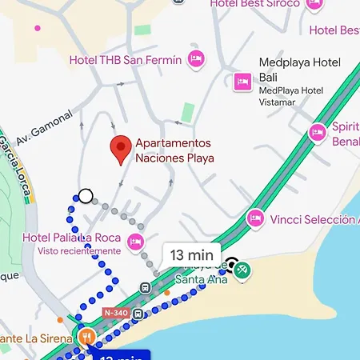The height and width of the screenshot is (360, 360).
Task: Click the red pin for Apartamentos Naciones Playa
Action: (120, 149)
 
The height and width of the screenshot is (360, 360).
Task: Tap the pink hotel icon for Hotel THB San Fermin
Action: (195, 58)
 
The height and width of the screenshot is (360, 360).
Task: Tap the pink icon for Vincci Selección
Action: (255, 217)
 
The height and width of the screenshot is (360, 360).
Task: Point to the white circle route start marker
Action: (85, 195)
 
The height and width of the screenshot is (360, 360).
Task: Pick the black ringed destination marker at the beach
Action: (232, 263)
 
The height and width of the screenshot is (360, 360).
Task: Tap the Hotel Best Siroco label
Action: (254, 4)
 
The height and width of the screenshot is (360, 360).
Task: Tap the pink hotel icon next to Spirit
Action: (318, 132)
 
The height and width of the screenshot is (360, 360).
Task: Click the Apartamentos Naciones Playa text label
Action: (174, 150)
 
